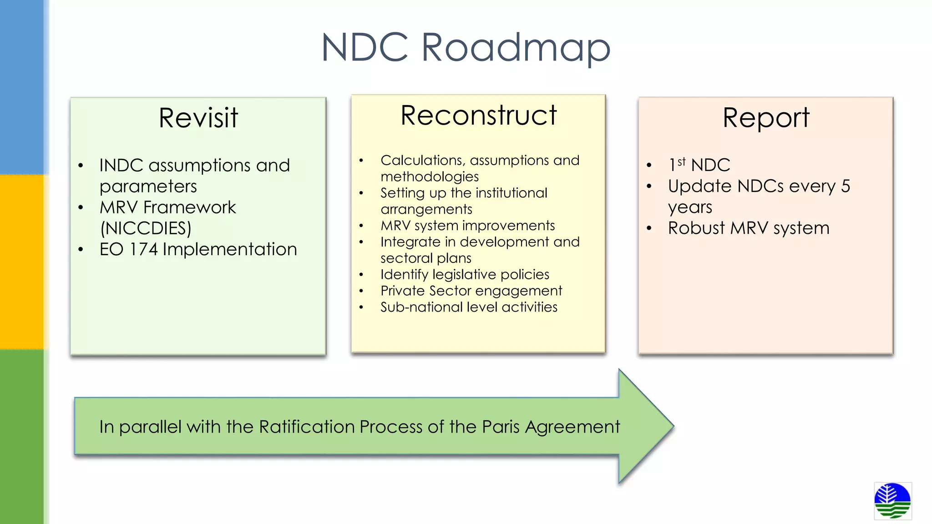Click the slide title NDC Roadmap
tap(466, 48)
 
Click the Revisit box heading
tap(198, 118)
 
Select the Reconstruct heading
tap(478, 115)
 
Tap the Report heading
tap(766, 118)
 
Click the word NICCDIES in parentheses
tap(146, 228)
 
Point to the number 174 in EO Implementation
tap(143, 249)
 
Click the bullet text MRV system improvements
tap(467, 226)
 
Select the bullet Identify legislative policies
tap(465, 274)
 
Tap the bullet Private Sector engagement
tap(471, 291)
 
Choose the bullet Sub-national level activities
tap(469, 307)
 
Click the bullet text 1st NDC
tap(699, 165)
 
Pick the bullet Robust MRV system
tap(749, 228)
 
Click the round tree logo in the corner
tap(892, 501)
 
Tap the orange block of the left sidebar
tap(22, 262)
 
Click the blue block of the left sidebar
tap(22, 86)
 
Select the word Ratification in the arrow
tap(307, 427)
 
